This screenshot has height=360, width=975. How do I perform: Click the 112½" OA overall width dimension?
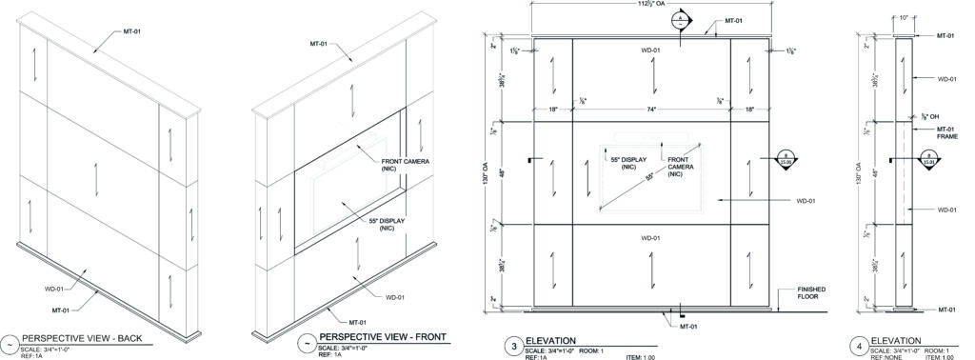651,5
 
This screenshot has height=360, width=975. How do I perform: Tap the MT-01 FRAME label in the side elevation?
945,132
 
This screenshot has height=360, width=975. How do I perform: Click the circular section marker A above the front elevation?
681,20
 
